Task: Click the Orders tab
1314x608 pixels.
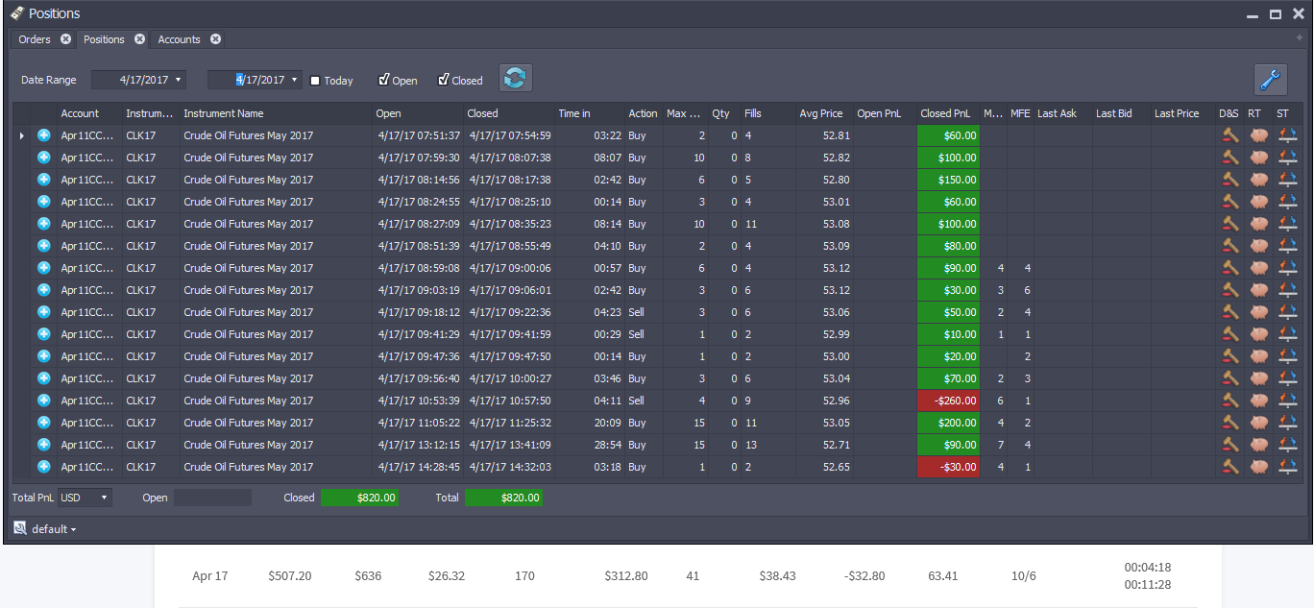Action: point(34,39)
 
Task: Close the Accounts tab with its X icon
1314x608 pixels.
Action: point(216,38)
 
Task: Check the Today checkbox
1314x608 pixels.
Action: point(315,81)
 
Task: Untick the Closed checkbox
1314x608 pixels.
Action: point(443,79)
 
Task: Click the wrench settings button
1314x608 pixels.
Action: point(1271,79)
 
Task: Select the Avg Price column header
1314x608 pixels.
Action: point(820,113)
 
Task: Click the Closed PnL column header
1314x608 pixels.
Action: point(945,113)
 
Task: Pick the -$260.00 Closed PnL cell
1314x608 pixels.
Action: point(949,401)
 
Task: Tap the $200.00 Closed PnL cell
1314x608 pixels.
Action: point(949,423)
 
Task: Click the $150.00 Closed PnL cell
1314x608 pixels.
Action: point(949,180)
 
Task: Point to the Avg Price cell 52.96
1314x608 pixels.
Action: point(836,401)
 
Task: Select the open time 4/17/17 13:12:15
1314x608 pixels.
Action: point(419,445)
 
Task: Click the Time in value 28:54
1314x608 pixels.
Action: point(607,445)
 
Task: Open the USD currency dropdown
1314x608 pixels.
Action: point(85,498)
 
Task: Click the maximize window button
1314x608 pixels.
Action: point(1276,14)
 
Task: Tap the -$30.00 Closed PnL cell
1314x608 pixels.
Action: point(949,467)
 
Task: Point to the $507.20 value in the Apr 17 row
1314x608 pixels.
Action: point(290,575)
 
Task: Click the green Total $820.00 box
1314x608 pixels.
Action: point(503,498)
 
